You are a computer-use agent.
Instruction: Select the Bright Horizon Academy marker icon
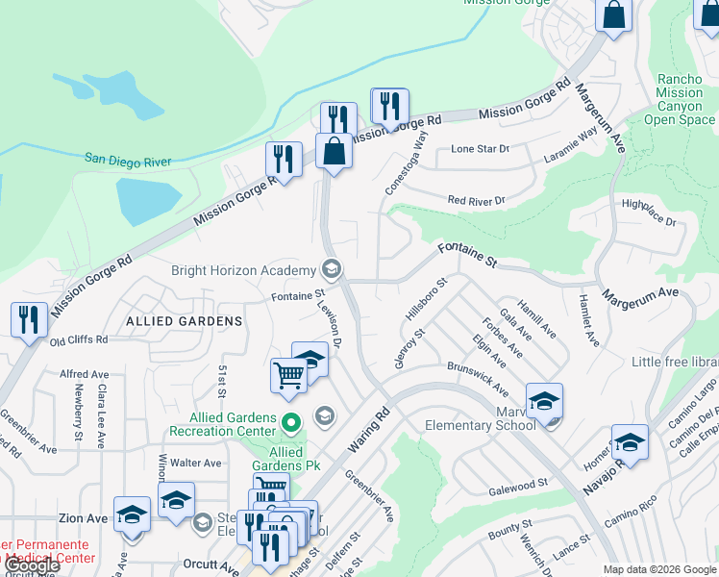click(332, 268)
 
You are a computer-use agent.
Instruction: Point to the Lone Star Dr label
click(480, 149)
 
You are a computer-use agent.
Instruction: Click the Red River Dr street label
click(476, 200)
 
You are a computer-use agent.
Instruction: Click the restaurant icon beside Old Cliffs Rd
click(29, 319)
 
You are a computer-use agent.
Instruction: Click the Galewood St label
click(517, 483)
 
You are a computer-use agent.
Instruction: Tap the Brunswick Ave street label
click(479, 378)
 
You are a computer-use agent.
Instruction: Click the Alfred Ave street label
click(85, 374)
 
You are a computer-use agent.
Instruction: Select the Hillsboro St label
click(427, 300)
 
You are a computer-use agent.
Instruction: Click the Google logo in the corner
click(32, 566)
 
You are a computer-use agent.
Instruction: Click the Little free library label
click(675, 362)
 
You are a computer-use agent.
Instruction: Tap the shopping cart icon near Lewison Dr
click(288, 374)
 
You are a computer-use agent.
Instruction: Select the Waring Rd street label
click(367, 429)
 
